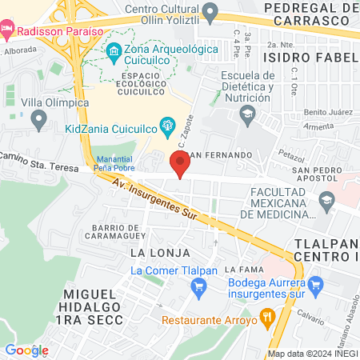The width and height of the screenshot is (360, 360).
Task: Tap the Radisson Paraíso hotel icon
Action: tap(7, 30)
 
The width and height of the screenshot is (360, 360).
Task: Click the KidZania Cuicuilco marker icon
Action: tap(167, 125)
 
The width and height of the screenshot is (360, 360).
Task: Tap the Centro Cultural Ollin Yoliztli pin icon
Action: tap(210, 12)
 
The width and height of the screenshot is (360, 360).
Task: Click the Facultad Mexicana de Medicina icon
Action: tap(326, 199)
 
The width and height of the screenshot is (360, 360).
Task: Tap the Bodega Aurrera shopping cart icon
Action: tap(315, 283)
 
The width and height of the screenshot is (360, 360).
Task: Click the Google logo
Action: tap(26, 350)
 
